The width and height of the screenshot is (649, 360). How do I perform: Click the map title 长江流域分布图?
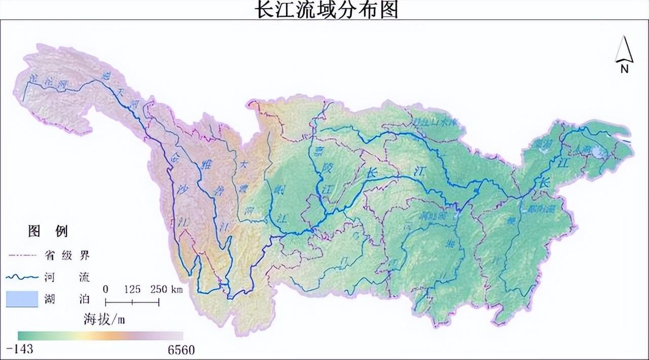[x=326, y=9]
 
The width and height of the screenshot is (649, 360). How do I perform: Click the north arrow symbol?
[x=624, y=50]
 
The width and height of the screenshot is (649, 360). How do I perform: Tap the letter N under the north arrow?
[x=625, y=69]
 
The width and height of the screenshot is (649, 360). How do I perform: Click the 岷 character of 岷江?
[x=278, y=189]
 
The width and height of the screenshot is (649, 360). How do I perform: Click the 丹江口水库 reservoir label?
[x=435, y=122]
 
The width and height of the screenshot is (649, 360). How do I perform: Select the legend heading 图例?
[x=48, y=232]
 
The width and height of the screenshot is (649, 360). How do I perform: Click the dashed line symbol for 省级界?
[x=22, y=255]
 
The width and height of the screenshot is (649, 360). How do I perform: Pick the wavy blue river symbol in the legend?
[x=22, y=277]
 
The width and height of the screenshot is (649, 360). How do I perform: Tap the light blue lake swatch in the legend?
[x=22, y=299]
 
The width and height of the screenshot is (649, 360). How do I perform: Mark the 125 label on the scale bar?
[x=132, y=290]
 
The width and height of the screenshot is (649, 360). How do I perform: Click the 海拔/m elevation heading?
[x=104, y=319]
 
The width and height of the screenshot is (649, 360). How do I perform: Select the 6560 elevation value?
[x=180, y=350]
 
